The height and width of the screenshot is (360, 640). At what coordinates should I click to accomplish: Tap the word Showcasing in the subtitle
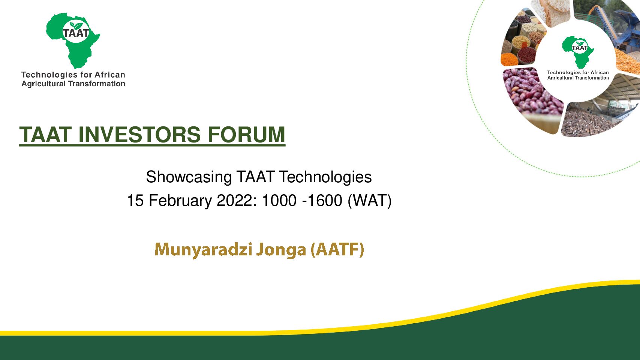pos(189,177)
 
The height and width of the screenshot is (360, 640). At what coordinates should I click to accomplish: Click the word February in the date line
pos(180,201)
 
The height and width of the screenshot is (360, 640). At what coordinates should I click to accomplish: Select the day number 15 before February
pos(135,201)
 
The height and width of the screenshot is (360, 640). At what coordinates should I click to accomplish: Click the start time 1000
pos(279,201)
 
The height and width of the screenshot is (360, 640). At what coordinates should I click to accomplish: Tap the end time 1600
pos(325,201)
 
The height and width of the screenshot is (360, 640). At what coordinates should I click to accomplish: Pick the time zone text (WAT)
pos(369,201)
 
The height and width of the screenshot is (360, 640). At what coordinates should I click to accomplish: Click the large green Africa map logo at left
pos(73,40)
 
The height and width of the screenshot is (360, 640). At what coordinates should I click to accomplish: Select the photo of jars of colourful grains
pos(523,39)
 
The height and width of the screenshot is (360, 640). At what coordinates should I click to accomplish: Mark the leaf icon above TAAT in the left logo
pos(76,26)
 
